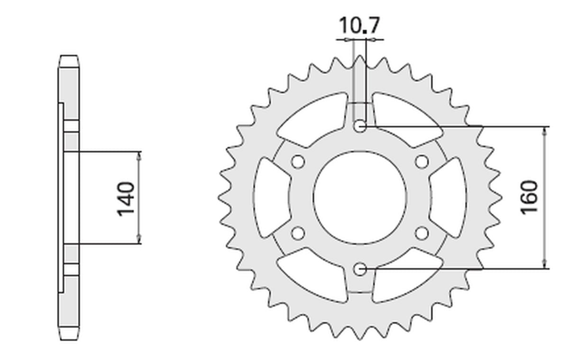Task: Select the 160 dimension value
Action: tap(530, 197)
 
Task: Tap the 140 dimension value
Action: tap(127, 198)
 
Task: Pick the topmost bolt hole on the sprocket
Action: tap(360, 126)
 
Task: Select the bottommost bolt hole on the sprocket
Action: tap(360, 269)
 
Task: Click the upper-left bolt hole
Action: tap(298, 162)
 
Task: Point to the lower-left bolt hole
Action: tap(298, 233)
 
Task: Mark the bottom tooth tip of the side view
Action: tap(69, 338)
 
